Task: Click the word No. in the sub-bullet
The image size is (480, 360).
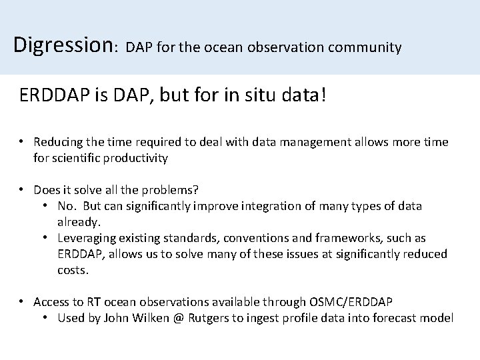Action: tap(69, 206)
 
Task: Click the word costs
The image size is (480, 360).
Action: tap(73, 269)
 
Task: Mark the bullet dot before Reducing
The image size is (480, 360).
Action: tap(22, 142)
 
